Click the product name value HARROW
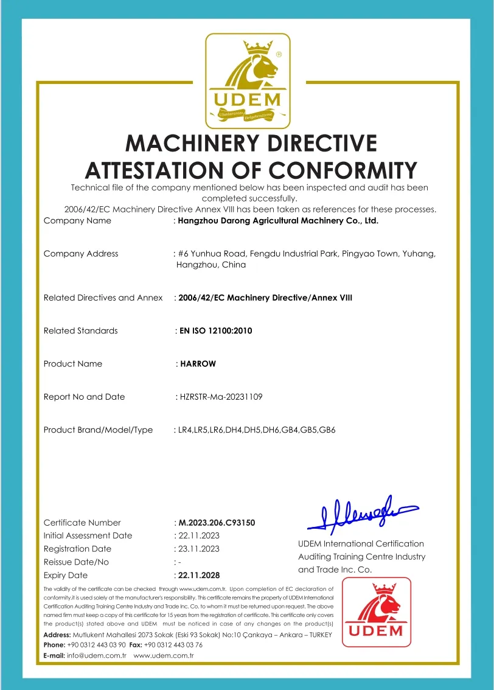[198, 364]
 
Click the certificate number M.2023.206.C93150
[217, 523]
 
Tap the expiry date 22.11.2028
[199, 575]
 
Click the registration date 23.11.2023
[198, 549]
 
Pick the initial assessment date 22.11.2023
[198, 535]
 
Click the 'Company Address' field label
[81, 254]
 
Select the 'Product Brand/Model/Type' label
[98, 430]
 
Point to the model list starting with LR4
[256, 430]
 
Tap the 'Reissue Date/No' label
[76, 562]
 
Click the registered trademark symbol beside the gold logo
[279, 54]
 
